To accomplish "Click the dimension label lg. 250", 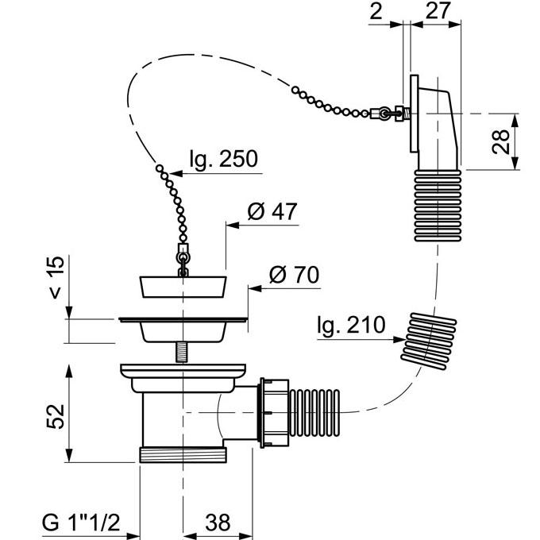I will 224,159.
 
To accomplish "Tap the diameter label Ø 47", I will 272,212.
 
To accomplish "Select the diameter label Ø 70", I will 294,275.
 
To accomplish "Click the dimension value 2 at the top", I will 376,11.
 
